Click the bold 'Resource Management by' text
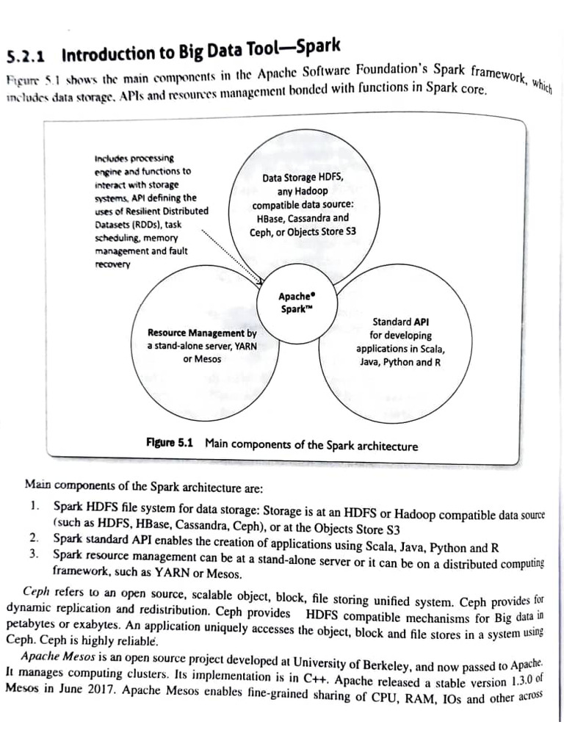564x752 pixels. (202, 333)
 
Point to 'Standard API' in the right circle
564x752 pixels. (400, 322)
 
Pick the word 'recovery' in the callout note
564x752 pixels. (112, 264)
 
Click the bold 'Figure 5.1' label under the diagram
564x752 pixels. (170, 444)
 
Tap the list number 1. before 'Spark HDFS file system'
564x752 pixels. (35, 506)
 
